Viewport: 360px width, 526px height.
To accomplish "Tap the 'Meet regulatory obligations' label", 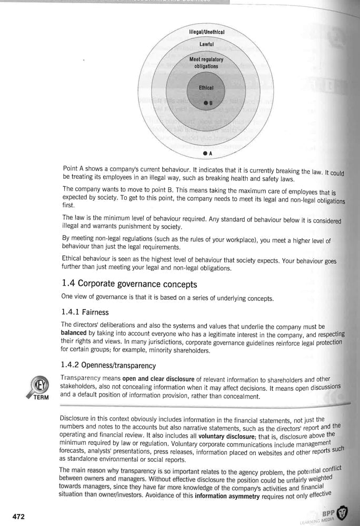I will (206, 63).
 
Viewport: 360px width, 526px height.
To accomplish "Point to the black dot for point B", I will (206, 103).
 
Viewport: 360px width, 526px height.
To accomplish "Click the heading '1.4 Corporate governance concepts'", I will (129, 285).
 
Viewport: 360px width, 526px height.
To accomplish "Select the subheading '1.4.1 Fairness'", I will (85, 312).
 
